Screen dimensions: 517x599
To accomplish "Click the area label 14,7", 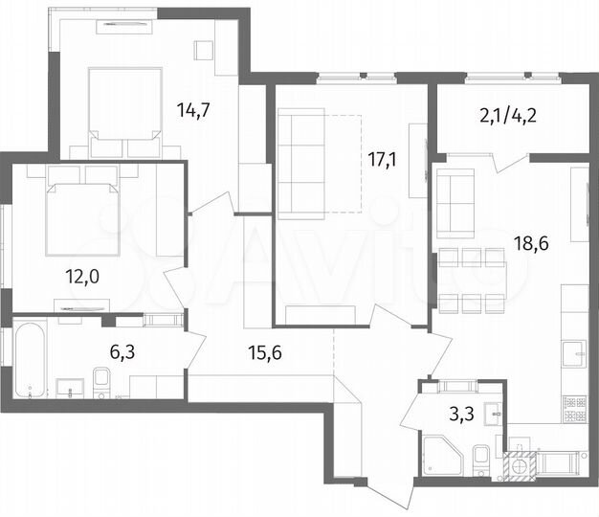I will coord(192,109).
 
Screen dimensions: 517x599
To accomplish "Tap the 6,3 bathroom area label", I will coord(122,351).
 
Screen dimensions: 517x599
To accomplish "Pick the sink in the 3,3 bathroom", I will coord(492,414).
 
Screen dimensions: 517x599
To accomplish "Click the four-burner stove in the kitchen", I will coord(574,413).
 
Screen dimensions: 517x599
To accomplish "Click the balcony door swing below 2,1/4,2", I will coord(507,162).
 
